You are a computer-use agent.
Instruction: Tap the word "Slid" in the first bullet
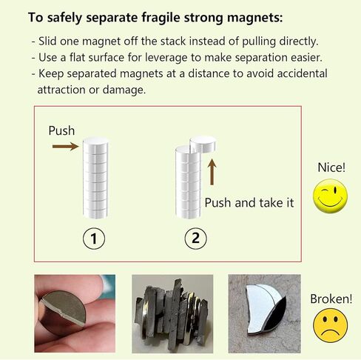click(50, 41)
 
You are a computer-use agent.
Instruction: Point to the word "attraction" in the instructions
click(63, 89)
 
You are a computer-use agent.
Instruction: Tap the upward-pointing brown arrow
click(212, 170)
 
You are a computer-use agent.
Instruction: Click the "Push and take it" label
click(249, 202)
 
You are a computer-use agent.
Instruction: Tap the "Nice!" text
click(331, 167)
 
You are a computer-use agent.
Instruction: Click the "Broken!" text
click(331, 299)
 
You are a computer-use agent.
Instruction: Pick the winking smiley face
click(330, 196)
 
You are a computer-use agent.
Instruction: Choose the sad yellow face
click(330, 326)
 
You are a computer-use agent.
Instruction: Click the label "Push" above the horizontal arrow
click(61, 130)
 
